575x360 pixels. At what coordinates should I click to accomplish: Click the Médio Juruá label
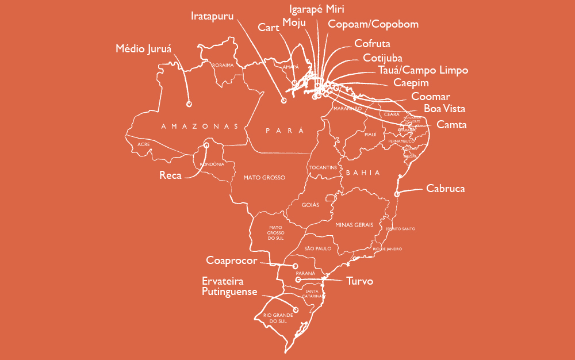click(x=144, y=48)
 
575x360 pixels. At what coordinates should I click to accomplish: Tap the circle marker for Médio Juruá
click(x=189, y=104)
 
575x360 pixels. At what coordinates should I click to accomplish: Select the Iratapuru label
click(x=212, y=16)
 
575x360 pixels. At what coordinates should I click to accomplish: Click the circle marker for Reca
click(x=206, y=145)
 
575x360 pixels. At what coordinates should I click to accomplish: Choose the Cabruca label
click(x=446, y=188)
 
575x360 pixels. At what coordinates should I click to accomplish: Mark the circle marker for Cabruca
click(x=397, y=194)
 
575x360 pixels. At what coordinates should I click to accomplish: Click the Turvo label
click(x=360, y=281)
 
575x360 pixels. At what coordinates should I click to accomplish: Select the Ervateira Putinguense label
click(x=229, y=286)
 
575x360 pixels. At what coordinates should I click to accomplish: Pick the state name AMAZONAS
click(x=200, y=126)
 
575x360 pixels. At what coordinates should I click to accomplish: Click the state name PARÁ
click(x=284, y=131)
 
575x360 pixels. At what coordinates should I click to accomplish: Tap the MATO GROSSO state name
click(x=264, y=178)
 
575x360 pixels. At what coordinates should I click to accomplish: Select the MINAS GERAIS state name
click(x=354, y=225)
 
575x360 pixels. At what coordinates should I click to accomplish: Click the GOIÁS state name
click(x=310, y=204)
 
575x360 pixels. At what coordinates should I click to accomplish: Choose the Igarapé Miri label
click(x=317, y=9)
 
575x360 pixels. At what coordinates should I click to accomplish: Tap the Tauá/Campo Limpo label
click(x=423, y=71)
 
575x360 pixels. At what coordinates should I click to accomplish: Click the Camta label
click(x=451, y=124)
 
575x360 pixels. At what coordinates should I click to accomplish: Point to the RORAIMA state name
click(x=223, y=66)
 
